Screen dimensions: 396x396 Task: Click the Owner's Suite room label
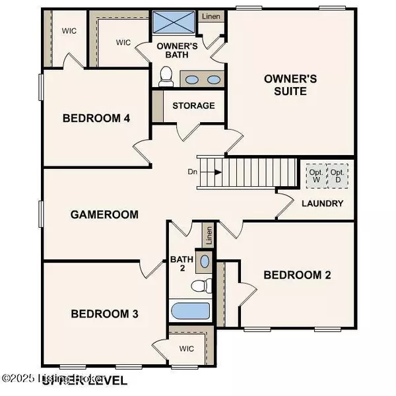pyautogui.click(x=290, y=84)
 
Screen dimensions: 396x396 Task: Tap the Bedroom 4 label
pyautogui.click(x=96, y=118)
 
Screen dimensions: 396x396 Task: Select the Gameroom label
pyautogui.click(x=104, y=214)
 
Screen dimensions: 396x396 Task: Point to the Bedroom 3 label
pyautogui.click(x=104, y=313)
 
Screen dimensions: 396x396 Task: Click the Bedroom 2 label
pyautogui.click(x=297, y=275)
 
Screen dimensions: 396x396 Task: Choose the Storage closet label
pyautogui.click(x=193, y=106)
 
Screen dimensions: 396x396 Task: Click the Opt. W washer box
pyautogui.click(x=315, y=176)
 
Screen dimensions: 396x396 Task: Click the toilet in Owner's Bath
pyautogui.click(x=166, y=78)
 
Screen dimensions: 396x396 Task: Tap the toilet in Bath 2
pyautogui.click(x=199, y=286)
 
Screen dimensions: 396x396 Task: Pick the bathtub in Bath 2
pyautogui.click(x=189, y=310)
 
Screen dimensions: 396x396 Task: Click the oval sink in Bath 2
pyautogui.click(x=205, y=261)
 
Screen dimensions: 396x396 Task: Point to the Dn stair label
pyautogui.click(x=192, y=172)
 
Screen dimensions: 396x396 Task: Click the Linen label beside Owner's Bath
pyautogui.click(x=211, y=16)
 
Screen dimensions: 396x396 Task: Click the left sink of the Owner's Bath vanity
pyautogui.click(x=191, y=80)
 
